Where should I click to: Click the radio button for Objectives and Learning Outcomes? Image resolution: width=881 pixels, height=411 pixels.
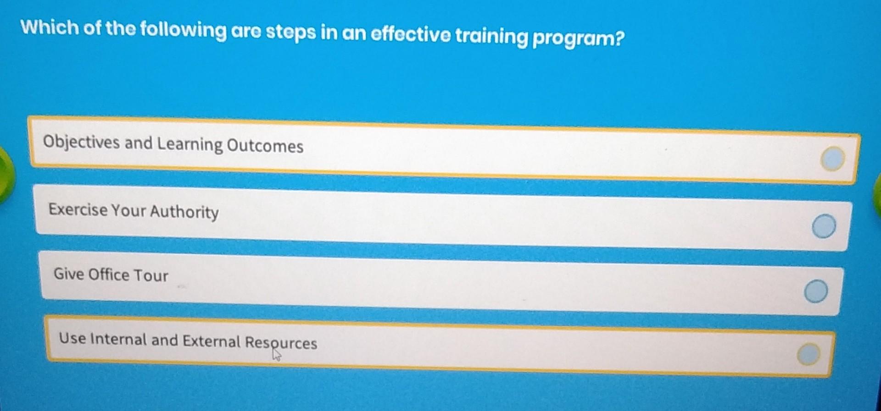(832, 159)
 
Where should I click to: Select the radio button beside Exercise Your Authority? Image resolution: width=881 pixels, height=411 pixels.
(824, 226)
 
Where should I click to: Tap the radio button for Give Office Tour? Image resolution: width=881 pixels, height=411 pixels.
(816, 291)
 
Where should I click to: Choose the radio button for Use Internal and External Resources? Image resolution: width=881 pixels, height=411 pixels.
(808, 354)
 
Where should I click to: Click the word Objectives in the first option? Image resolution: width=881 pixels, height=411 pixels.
(81, 142)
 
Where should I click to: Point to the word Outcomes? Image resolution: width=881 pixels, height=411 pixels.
(265, 146)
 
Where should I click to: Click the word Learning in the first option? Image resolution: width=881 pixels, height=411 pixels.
(190, 144)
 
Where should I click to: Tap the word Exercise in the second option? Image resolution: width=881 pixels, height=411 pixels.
(78, 209)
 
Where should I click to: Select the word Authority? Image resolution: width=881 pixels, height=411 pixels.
(184, 212)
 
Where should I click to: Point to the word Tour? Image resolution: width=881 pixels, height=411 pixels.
(151, 275)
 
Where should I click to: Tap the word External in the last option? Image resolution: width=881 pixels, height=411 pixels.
(211, 341)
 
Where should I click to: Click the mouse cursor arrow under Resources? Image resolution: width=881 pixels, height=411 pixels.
(276, 355)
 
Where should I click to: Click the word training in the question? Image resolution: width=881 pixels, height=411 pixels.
(491, 36)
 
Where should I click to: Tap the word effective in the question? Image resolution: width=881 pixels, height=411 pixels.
(410, 34)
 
